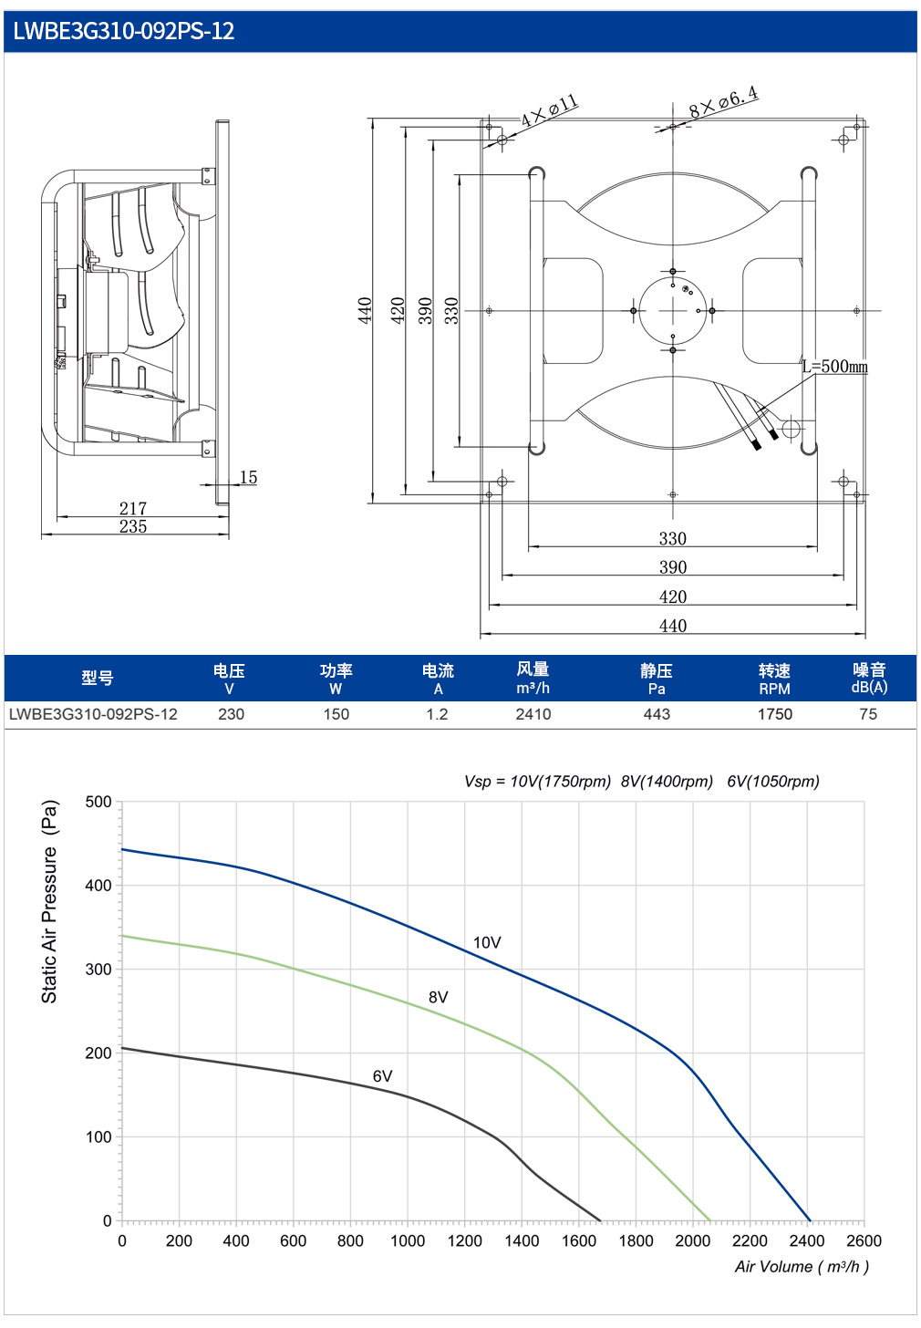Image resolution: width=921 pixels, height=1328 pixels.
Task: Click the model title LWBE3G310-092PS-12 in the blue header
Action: click(x=124, y=31)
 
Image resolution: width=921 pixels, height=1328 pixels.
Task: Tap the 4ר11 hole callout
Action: click(x=549, y=111)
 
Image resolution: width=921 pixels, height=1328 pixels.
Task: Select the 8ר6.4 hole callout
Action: click(x=724, y=102)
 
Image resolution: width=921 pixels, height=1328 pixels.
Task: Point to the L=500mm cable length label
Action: click(x=835, y=367)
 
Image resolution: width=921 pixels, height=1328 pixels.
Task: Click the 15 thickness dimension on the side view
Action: click(x=248, y=477)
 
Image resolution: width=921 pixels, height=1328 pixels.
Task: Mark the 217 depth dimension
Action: click(x=133, y=508)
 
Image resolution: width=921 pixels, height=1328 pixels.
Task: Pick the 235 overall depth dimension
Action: click(x=133, y=526)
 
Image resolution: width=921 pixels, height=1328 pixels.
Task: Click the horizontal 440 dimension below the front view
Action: click(x=673, y=626)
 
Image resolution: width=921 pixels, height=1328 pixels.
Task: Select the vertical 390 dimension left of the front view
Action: click(x=426, y=311)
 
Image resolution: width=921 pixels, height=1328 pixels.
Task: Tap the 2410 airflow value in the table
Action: click(x=533, y=714)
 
